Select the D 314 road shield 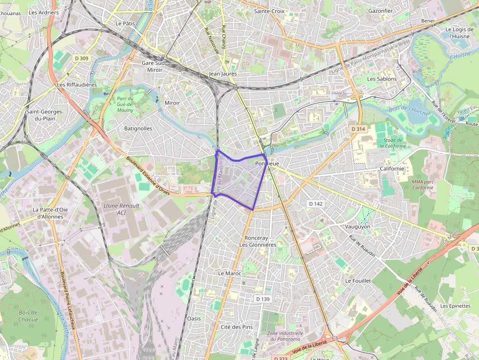[x=358, y=129]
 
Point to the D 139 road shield [x=262, y=299]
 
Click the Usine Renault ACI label [x=121, y=209]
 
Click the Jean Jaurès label [x=222, y=74]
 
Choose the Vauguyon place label [x=358, y=227]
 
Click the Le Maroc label [x=229, y=274]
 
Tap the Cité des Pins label [x=237, y=327]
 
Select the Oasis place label [x=194, y=318]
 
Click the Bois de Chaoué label [x=28, y=316]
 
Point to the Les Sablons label [x=382, y=79]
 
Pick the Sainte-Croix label [x=269, y=10]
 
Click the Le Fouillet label [x=358, y=281]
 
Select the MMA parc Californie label [x=422, y=184]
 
